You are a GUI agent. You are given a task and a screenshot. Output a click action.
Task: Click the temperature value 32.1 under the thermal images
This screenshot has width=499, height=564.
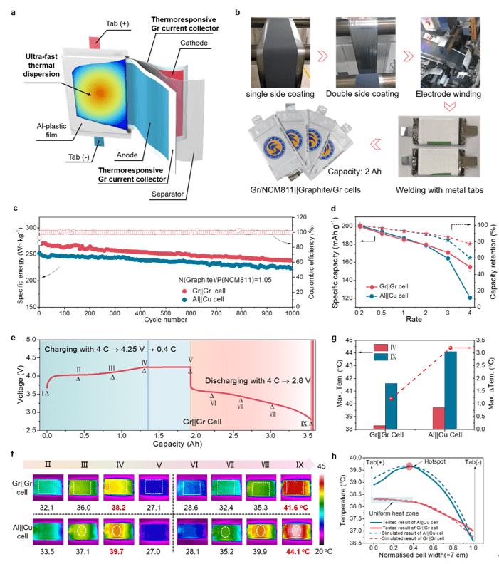48,508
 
